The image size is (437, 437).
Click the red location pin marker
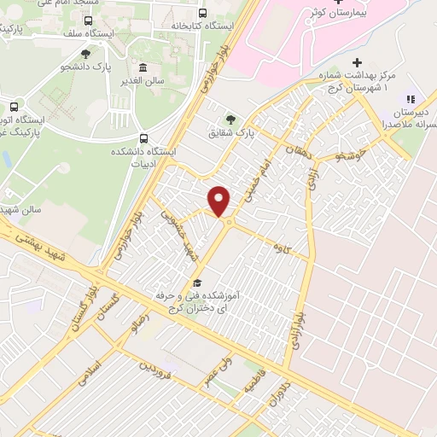(220, 201)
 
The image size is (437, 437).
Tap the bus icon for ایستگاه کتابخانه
(202, 13)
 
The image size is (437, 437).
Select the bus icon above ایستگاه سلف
(89, 20)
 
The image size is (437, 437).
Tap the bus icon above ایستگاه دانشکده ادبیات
(143, 137)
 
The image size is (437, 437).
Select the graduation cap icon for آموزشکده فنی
(197, 283)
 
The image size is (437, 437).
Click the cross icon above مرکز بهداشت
(357, 62)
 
